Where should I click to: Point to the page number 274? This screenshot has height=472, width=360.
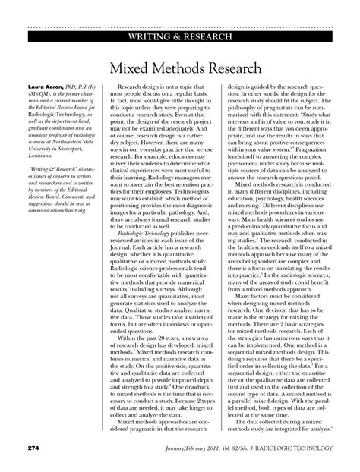tap(34, 448)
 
